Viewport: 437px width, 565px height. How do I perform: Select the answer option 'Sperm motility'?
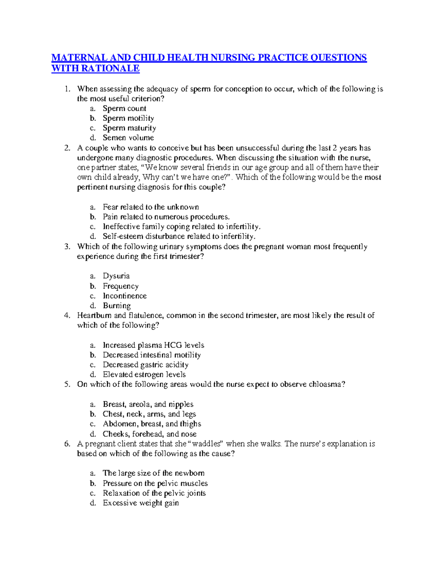click(x=128, y=118)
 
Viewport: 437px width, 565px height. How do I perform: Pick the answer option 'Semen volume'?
click(x=128, y=138)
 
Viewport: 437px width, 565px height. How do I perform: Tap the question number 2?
click(x=67, y=148)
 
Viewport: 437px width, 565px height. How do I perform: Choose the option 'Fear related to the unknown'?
click(x=151, y=207)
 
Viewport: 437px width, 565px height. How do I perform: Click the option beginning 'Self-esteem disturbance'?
click(x=179, y=236)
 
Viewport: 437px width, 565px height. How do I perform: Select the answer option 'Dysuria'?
click(x=116, y=276)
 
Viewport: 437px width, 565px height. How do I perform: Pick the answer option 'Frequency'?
click(x=121, y=286)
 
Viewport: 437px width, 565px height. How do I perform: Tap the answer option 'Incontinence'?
click(x=125, y=296)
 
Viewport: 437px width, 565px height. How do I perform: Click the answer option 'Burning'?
click(x=117, y=306)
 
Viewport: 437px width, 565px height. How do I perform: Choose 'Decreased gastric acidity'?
click(x=145, y=365)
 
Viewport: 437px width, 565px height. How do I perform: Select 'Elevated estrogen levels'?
click(x=144, y=375)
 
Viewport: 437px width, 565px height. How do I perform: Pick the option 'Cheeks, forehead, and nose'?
click(x=149, y=434)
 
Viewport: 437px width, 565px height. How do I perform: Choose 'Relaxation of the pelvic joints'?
click(x=154, y=493)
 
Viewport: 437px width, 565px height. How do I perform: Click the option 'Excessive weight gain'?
click(x=141, y=503)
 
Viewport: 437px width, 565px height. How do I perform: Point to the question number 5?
click(x=67, y=385)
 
